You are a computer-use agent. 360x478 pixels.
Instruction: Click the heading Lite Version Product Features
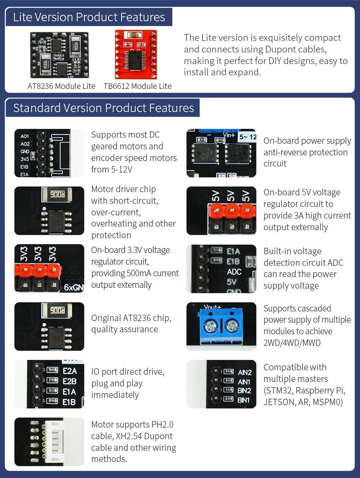click(89, 17)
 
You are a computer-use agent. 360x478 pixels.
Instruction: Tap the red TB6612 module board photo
click(136, 54)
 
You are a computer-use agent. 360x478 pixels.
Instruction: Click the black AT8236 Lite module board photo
click(59, 55)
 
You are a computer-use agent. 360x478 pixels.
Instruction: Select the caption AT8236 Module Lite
click(61, 86)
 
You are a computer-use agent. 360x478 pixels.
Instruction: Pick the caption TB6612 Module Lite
click(137, 86)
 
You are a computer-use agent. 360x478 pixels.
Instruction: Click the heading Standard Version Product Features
click(104, 108)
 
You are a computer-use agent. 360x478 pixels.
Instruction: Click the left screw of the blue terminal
click(210, 327)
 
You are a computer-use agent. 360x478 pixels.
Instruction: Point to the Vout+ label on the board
click(212, 306)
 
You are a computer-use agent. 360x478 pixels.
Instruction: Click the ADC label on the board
click(234, 271)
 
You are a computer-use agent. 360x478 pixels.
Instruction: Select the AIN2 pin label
click(244, 373)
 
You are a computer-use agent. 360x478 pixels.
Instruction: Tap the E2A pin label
click(70, 371)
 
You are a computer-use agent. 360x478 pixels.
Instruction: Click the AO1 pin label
click(25, 136)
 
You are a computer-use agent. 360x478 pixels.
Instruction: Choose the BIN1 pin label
click(244, 400)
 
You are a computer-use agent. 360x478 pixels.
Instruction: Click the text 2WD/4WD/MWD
click(292, 343)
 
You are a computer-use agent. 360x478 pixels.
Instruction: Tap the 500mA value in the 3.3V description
click(139, 273)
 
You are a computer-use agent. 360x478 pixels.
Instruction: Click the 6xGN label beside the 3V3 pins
click(74, 287)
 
